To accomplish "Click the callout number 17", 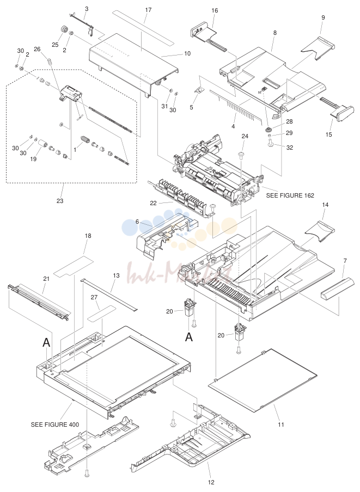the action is [148, 10].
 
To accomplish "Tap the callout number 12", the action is [211, 482].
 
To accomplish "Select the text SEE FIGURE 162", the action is [290, 195].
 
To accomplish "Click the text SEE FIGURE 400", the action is [55, 425].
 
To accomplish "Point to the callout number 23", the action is [59, 201].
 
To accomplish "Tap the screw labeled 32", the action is [271, 143].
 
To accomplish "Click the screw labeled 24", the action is [242, 155].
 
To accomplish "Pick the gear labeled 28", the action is [269, 130].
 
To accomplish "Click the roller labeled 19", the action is [42, 145].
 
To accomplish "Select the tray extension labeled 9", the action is [318, 48].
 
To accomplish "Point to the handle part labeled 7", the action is [333, 288].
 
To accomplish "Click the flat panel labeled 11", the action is [263, 380].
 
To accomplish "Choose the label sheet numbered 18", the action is [74, 266].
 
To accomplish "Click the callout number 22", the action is [153, 204].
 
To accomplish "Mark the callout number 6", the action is [137, 222].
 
